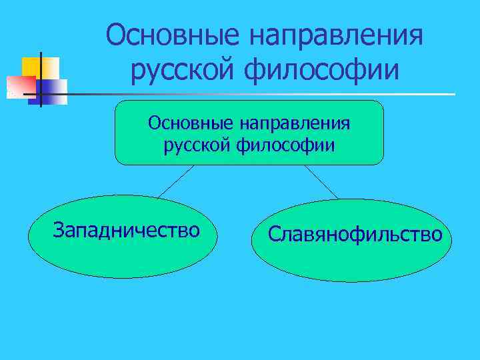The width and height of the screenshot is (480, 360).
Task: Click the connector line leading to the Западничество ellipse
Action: [175, 181]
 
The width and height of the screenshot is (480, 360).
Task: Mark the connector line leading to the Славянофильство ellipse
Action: [322, 182]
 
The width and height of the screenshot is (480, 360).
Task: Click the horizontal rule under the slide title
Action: [267, 94]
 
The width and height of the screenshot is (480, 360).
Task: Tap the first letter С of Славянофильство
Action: [274, 234]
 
